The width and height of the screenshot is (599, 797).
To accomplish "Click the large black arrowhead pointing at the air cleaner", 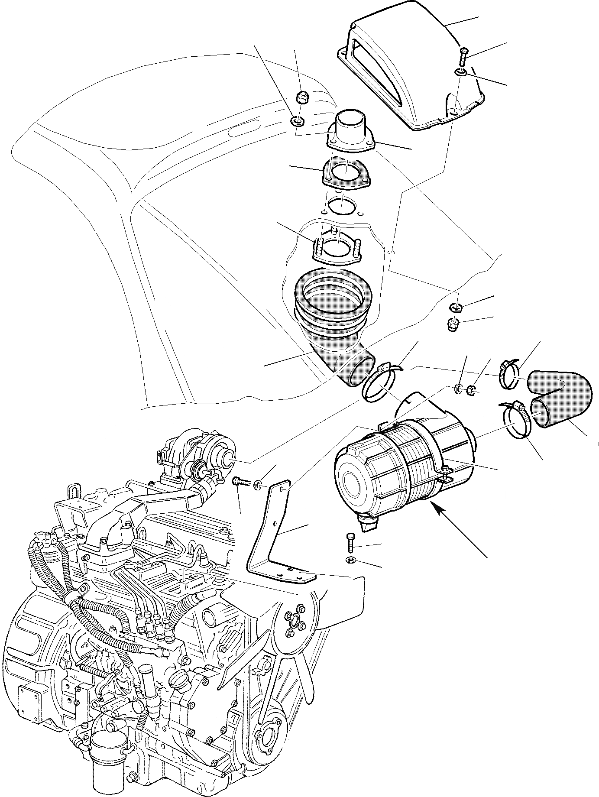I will [441, 512].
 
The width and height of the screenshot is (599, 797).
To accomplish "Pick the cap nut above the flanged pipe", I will [300, 98].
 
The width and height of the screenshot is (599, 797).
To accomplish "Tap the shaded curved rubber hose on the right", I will [561, 396].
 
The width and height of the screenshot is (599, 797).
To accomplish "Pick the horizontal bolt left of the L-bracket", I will [241, 481].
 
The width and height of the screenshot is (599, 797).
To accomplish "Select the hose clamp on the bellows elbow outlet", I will [378, 383].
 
